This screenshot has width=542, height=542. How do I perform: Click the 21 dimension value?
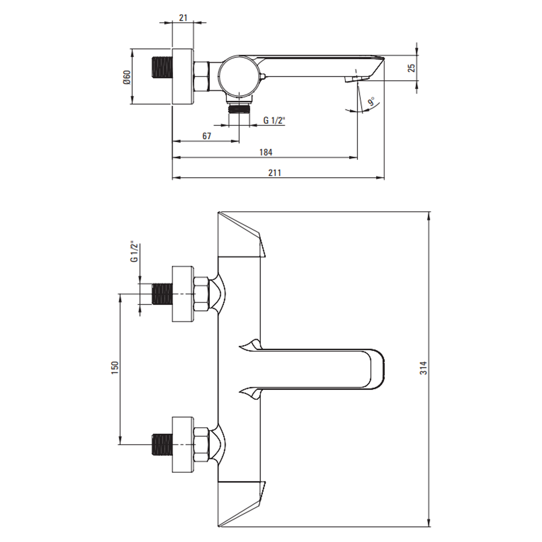coord(183,18)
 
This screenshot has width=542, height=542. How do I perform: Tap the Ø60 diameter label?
coord(127,77)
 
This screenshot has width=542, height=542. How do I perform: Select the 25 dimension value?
coord(411,68)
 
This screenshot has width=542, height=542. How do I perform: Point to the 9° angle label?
coord(372,102)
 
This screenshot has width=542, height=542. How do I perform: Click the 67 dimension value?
coord(207,136)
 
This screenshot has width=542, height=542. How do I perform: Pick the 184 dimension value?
coord(266,152)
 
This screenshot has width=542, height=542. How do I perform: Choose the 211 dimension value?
coord(274,173)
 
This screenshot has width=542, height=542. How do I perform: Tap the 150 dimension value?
coord(115,367)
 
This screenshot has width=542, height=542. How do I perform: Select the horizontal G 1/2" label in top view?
coord(274,120)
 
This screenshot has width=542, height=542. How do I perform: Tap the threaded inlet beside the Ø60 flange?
coord(162,67)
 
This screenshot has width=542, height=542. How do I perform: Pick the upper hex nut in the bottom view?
coord(201,294)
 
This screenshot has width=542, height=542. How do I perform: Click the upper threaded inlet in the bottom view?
coord(162,294)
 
